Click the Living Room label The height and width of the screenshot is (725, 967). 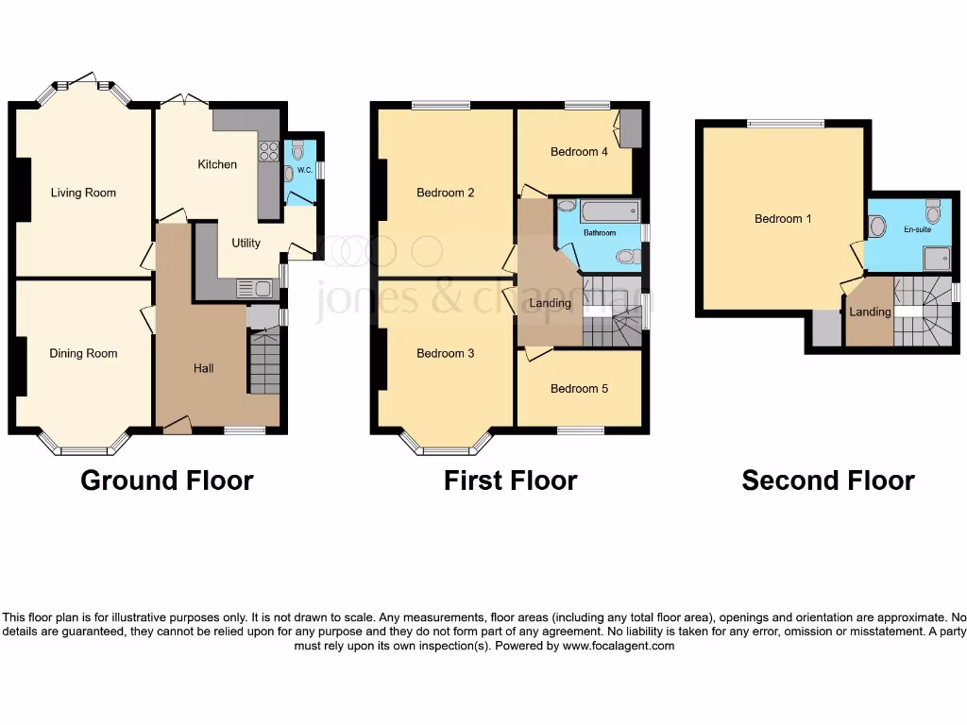click(x=83, y=193)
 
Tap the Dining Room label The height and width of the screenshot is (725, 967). click(x=83, y=353)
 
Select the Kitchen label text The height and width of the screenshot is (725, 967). click(x=217, y=164)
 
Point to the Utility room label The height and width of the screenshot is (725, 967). click(x=246, y=243)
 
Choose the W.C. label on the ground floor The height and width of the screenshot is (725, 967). click(x=304, y=171)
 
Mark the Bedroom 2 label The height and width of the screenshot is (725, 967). click(x=446, y=193)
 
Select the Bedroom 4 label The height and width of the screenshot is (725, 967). click(x=579, y=151)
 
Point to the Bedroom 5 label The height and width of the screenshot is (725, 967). click(x=579, y=388)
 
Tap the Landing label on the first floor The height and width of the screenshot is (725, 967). click(x=550, y=303)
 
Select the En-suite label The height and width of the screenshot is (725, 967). click(x=917, y=228)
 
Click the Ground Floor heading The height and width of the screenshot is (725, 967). click(x=167, y=481)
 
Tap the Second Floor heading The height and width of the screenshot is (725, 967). click(x=827, y=481)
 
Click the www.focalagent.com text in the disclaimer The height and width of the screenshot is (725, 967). click(x=619, y=647)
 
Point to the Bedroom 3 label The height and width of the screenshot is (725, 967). click(x=446, y=353)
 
